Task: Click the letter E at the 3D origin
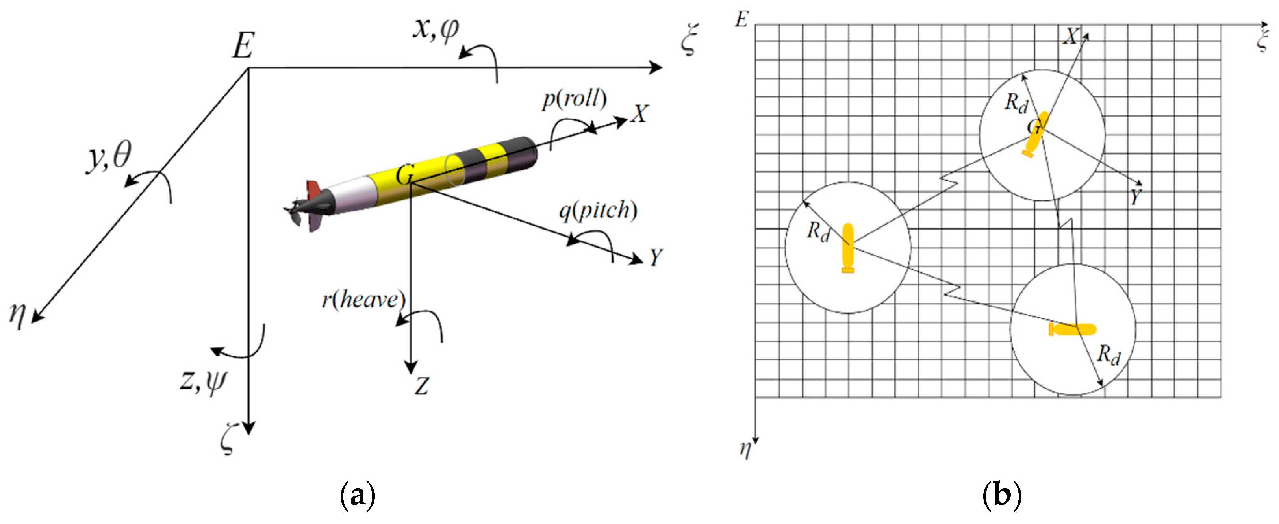(244, 46)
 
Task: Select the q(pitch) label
(598, 211)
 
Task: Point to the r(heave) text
(363, 300)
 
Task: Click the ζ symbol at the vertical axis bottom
(227, 439)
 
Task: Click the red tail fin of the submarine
(314, 189)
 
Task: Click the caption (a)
(358, 495)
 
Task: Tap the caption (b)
(1002, 495)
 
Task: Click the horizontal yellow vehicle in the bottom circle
(1072, 330)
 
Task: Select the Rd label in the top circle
(1016, 103)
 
